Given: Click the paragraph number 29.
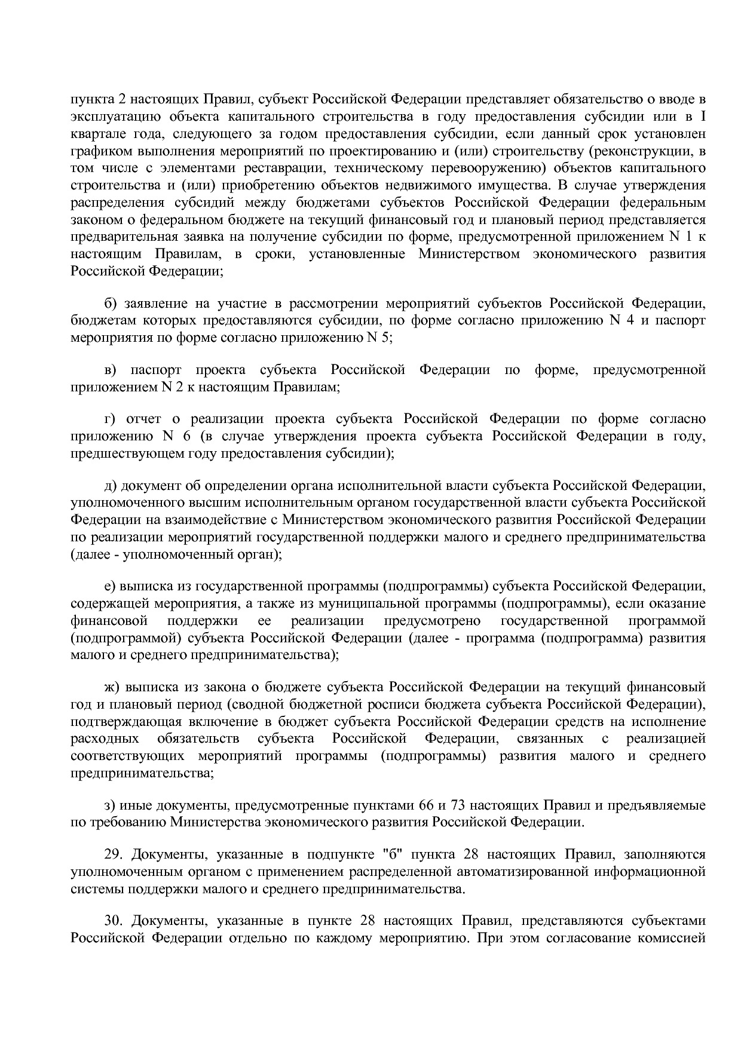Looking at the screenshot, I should point(113,854).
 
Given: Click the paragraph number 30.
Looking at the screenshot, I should point(113,921).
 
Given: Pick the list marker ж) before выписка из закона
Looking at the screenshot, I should point(112,687).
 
